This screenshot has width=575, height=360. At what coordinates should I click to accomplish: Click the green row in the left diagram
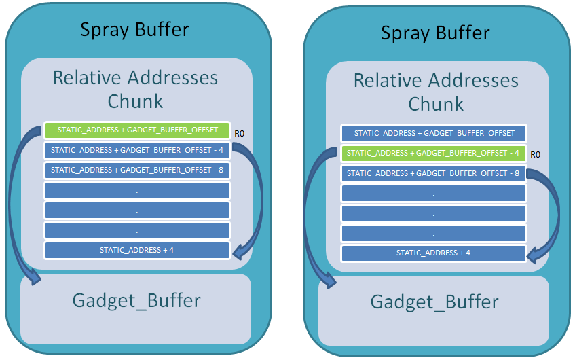(x=137, y=130)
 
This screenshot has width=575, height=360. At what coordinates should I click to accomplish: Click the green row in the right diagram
(x=434, y=153)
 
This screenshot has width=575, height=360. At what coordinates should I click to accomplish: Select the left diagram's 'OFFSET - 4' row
(x=137, y=150)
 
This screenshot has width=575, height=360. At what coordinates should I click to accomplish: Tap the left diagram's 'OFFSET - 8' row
(x=137, y=170)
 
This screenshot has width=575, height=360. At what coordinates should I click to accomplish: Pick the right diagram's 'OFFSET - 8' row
(x=434, y=173)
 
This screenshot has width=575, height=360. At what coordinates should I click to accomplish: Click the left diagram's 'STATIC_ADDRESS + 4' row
(x=137, y=250)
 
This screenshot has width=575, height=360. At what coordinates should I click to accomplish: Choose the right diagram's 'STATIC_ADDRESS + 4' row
(x=434, y=253)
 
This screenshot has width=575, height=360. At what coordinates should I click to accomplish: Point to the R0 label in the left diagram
(x=239, y=133)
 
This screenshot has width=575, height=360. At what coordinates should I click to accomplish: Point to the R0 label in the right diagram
(x=536, y=155)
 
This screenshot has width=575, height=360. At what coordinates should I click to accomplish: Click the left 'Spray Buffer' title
(x=134, y=29)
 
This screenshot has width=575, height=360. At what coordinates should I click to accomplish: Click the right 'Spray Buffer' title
(x=435, y=33)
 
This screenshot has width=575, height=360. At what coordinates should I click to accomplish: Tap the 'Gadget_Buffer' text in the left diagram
(x=136, y=300)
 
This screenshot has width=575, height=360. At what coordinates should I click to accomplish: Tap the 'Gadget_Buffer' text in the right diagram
(x=434, y=302)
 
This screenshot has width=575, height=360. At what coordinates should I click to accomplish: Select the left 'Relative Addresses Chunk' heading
(x=136, y=89)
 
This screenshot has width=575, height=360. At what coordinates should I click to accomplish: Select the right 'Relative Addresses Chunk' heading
(x=436, y=92)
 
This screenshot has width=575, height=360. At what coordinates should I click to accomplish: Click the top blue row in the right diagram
(x=434, y=133)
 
